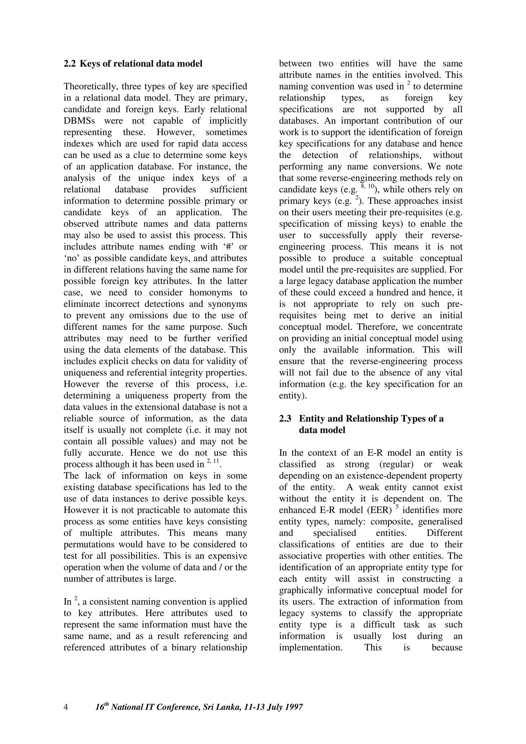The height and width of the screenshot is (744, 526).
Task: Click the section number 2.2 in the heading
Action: coord(69,64)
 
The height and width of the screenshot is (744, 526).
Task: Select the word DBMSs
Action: coord(79,121)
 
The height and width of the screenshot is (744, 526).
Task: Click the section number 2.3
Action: coord(285,419)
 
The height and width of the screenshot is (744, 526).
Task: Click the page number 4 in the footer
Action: coord(66,707)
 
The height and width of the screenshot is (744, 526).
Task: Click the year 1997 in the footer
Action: coord(293,707)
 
